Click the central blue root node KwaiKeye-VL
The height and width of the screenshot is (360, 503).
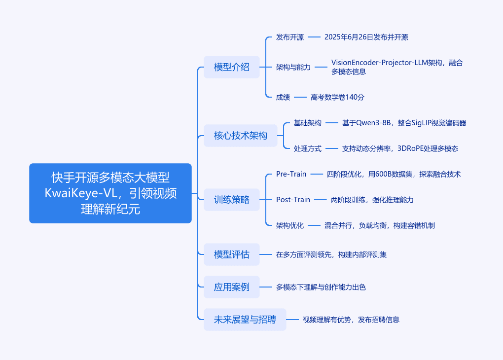coord(110,193)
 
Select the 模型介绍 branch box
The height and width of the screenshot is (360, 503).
coord(232,67)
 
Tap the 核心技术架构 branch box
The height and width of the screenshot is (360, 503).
coord(241,136)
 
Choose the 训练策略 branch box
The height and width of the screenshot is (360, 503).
coord(232,200)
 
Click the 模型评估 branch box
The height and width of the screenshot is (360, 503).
coord(232,254)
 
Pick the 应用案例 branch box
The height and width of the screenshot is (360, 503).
coord(232,287)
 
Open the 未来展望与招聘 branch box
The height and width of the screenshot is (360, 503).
coord(245,320)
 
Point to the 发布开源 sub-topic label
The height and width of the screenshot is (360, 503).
coord(290,37)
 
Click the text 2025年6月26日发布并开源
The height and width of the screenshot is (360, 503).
coord(366,37)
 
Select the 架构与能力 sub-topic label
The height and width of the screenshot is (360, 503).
coord(293,67)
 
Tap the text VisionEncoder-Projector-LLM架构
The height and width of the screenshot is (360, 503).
coord(387,63)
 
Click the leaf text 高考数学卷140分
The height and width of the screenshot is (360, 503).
coord(337,97)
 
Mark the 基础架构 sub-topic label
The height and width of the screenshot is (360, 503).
coord(308,123)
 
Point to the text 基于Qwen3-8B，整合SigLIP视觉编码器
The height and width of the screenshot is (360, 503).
coord(404,123)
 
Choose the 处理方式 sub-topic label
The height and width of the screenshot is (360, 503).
coord(308,148)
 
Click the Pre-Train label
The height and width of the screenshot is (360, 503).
coord(291,174)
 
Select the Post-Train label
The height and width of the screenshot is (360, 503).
coord(293,200)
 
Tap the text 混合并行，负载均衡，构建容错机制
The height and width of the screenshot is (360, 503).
coord(380,225)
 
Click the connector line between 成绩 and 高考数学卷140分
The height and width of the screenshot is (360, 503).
coord(300,97)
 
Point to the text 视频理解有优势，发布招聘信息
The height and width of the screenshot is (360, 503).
coord(351,320)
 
